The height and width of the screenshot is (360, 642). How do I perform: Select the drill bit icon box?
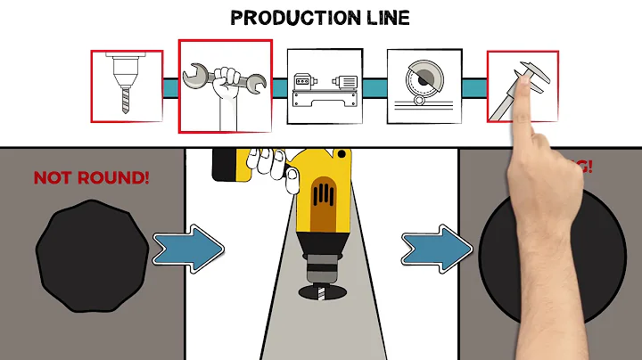click(x=127, y=86)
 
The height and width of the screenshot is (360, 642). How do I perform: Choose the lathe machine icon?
click(x=324, y=86)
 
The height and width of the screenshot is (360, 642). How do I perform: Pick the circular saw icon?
click(x=424, y=86)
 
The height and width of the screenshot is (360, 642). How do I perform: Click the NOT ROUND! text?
click(x=91, y=177)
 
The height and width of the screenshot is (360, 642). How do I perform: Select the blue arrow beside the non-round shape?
click(x=186, y=249)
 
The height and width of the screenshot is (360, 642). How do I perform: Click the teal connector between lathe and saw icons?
click(x=374, y=86)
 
